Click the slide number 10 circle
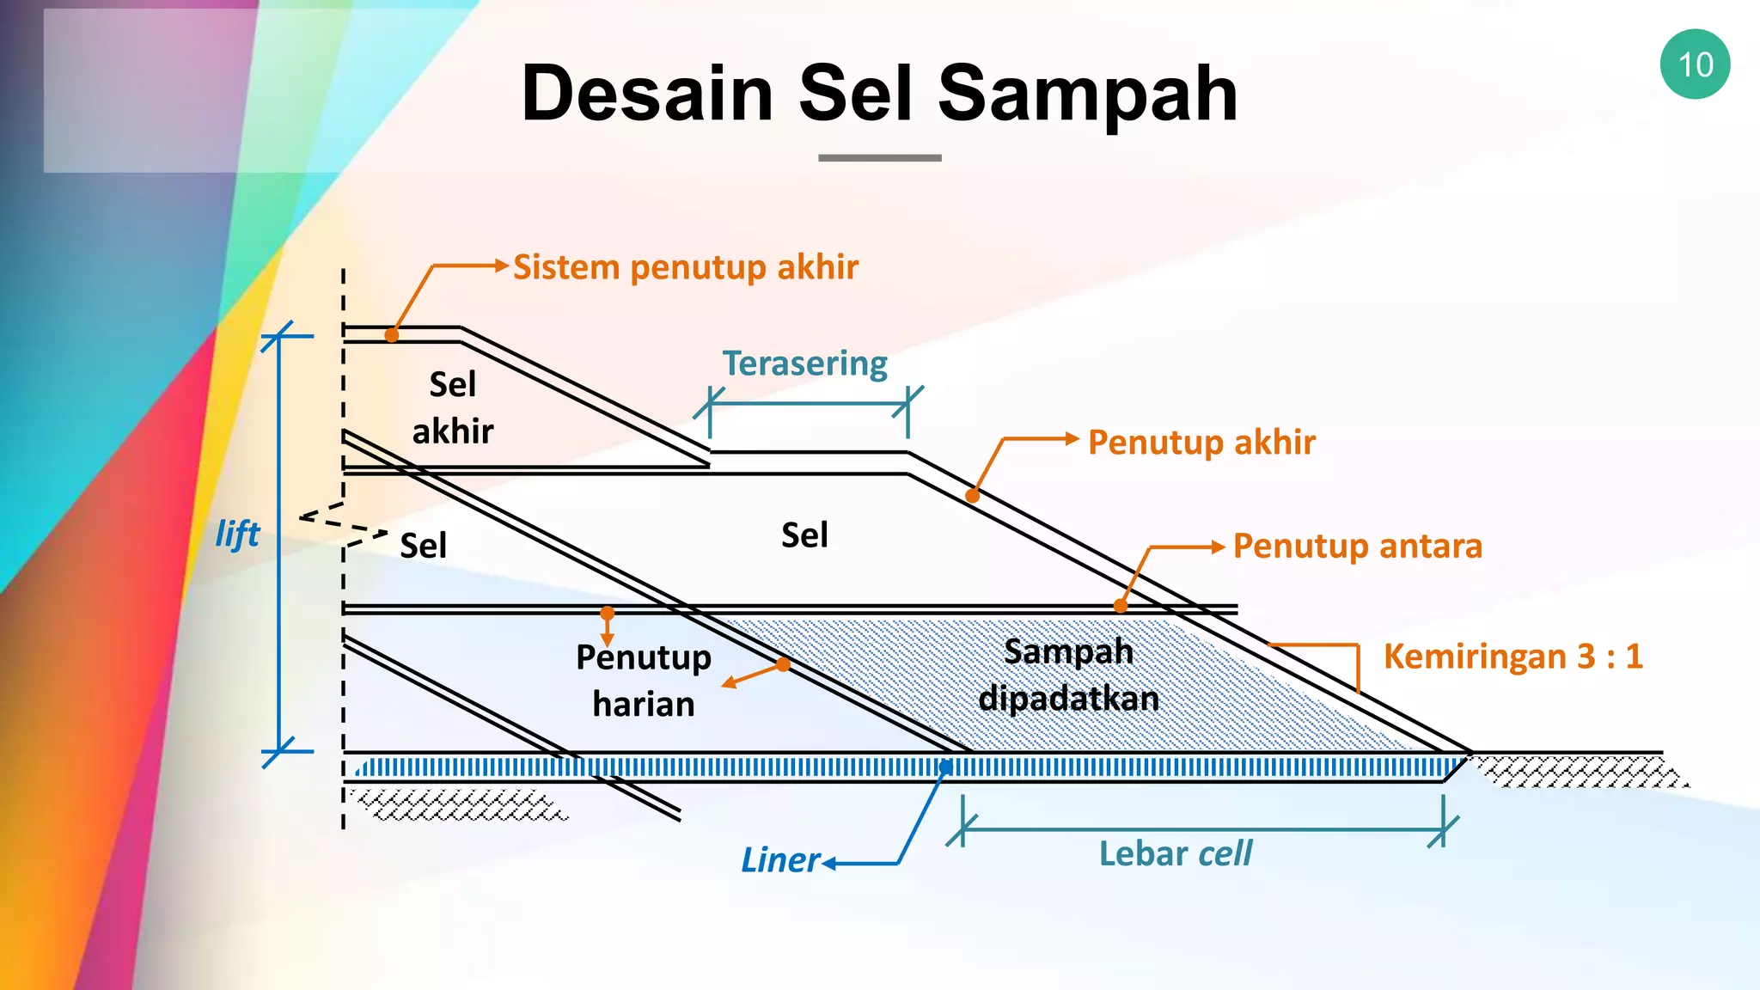pos(1695,64)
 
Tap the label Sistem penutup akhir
pos(685,267)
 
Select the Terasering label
pos(804,364)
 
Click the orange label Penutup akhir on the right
pos(1201,443)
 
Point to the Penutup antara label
pos(1357,547)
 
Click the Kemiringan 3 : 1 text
pos(1512,657)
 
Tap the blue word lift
pos(237,535)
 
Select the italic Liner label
pos(780,860)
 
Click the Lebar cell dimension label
pos(1175,854)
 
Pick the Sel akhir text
pos(453,407)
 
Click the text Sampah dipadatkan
pos(1068,675)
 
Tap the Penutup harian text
pos(644,681)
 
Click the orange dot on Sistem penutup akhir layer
pos(392,335)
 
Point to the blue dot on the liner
pos(945,767)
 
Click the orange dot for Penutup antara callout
pos(1121,606)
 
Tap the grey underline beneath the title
pos(879,158)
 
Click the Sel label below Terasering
pos(804,535)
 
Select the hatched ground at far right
pos(1577,771)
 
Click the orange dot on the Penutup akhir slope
pos(973,496)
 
